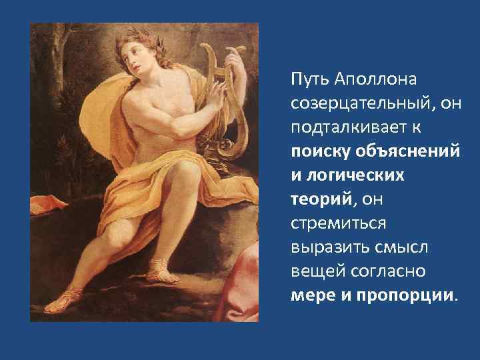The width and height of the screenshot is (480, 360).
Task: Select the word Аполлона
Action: coord(371,79)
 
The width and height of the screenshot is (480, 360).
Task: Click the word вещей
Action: coord(312,271)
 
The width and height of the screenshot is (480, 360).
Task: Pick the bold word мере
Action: coord(309,295)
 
